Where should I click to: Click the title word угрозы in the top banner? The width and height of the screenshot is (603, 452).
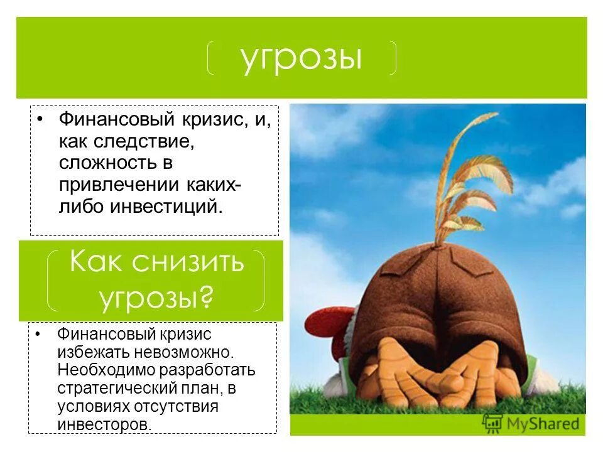[x=301, y=58]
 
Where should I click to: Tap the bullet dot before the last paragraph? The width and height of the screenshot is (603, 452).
[x=39, y=334]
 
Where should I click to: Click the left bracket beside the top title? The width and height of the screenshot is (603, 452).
[x=212, y=58]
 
